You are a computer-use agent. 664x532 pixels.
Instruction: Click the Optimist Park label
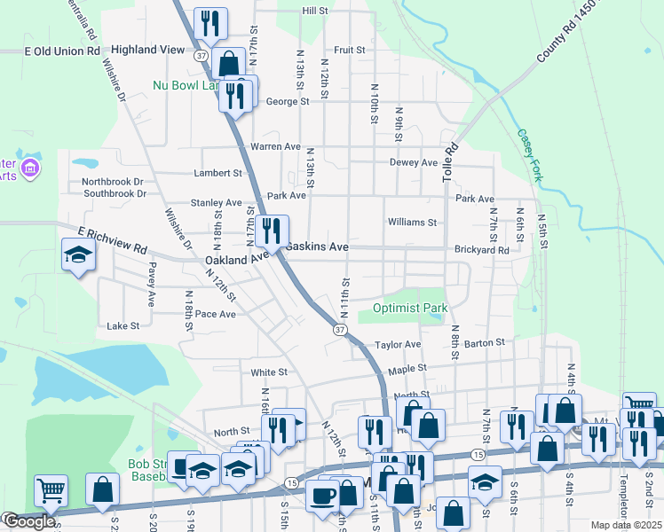click(403, 308)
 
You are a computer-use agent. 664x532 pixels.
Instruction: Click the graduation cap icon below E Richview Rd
click(78, 255)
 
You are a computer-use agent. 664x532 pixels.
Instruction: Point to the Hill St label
click(315, 11)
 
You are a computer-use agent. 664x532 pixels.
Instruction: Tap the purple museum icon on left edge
click(30, 168)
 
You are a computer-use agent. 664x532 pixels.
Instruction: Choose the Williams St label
click(412, 223)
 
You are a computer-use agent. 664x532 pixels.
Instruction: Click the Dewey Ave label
click(414, 162)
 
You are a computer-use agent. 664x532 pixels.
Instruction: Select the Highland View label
click(147, 51)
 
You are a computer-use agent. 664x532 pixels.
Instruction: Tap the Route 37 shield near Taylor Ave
click(339, 329)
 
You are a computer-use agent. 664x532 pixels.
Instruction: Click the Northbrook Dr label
click(119, 181)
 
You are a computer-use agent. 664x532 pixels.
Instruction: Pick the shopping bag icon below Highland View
click(228, 63)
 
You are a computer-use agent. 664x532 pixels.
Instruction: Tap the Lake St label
click(123, 326)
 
